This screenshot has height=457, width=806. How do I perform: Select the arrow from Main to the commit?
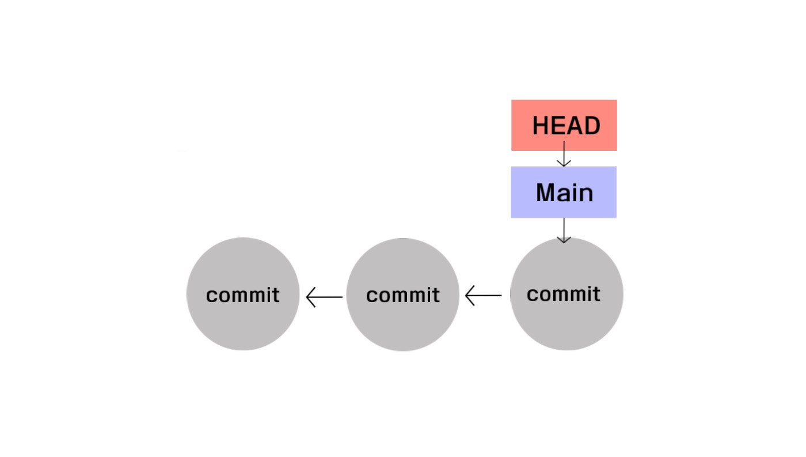tap(564, 229)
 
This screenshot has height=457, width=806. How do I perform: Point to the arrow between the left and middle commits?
tap(325, 297)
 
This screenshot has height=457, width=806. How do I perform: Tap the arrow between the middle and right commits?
tap(483, 296)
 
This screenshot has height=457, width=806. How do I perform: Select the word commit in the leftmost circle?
tap(243, 295)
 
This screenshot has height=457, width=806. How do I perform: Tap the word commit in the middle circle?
tap(403, 295)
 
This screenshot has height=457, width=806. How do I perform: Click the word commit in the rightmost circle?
tap(564, 294)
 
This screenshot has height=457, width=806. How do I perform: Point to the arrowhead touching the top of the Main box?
tap(564, 163)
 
